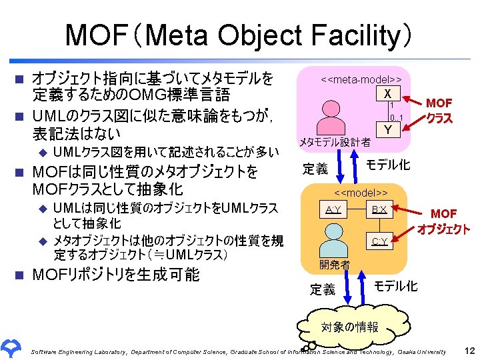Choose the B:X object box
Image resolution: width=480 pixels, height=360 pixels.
pyautogui.click(x=379, y=211)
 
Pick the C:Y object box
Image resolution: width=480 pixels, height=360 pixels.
pyautogui.click(x=379, y=241)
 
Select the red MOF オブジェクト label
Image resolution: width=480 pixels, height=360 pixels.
pyautogui.click(x=443, y=221)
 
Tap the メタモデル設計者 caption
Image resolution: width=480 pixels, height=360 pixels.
pyautogui.click(x=335, y=142)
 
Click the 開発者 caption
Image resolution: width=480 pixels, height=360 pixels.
pyautogui.click(x=334, y=265)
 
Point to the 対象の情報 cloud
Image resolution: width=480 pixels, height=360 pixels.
pyautogui.click(x=349, y=327)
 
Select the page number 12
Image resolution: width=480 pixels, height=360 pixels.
pyautogui.click(x=469, y=351)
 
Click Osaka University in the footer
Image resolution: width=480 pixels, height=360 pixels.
pyautogui.click(x=422, y=351)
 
